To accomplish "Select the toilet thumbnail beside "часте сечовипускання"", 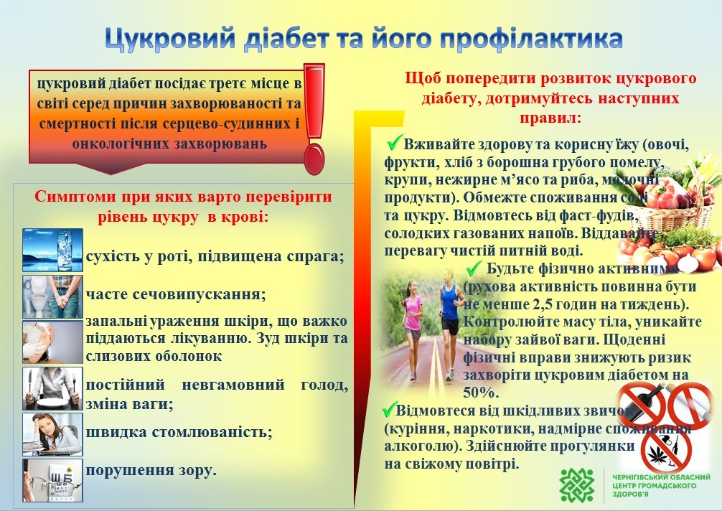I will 52,296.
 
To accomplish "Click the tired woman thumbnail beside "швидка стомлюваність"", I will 52,434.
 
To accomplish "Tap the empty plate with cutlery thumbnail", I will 52,388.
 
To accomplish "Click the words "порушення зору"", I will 150,471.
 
